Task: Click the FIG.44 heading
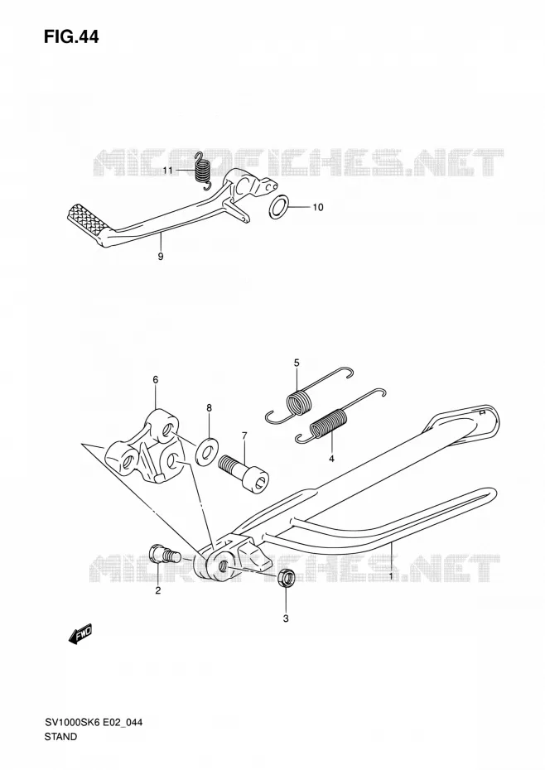[x=71, y=36]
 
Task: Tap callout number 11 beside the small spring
[x=168, y=171]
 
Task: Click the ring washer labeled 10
[x=278, y=206]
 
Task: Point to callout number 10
[x=318, y=207]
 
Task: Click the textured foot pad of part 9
[x=87, y=218]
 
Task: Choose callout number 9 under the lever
[x=161, y=257]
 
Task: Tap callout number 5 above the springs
[x=297, y=363]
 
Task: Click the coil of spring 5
[x=299, y=402]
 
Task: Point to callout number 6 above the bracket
[x=155, y=379]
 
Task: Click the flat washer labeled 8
[x=205, y=450]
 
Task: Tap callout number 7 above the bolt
[x=244, y=436]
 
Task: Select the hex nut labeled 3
[x=286, y=577]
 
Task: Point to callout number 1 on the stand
[x=391, y=576]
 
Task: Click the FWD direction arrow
[x=80, y=635]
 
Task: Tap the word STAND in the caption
[x=60, y=737]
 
